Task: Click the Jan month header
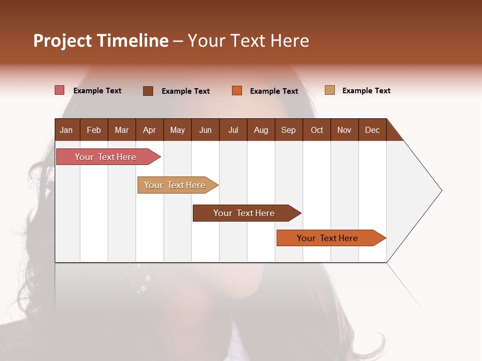pyautogui.click(x=66, y=130)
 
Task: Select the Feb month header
pyautogui.click(x=94, y=130)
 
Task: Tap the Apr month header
pyautogui.click(x=149, y=130)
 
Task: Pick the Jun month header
pyautogui.click(x=205, y=130)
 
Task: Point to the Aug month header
pyautogui.click(x=261, y=130)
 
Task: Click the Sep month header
pyautogui.click(x=288, y=130)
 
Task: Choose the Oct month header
pyautogui.click(x=317, y=130)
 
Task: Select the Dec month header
pyautogui.click(x=372, y=130)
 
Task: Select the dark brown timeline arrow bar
pyautogui.click(x=245, y=213)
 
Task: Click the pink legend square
pyautogui.click(x=59, y=90)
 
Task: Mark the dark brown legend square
pyautogui.click(x=148, y=91)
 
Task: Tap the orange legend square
pyautogui.click(x=237, y=91)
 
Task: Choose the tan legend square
pyautogui.click(x=330, y=90)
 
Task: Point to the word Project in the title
pyautogui.click(x=62, y=41)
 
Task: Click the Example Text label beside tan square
pyautogui.click(x=366, y=91)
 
